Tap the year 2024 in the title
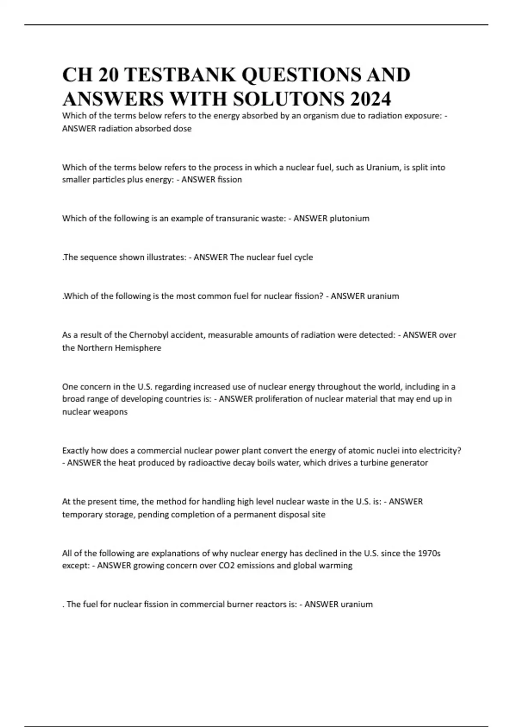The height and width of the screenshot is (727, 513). (x=370, y=99)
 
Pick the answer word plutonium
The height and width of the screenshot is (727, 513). (x=349, y=218)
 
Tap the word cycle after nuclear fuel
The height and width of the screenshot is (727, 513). (x=303, y=257)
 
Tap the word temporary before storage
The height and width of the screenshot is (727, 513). (x=81, y=514)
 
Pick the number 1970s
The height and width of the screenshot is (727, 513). (x=428, y=553)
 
